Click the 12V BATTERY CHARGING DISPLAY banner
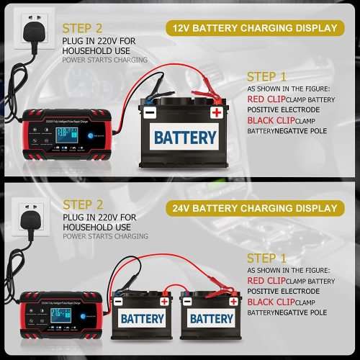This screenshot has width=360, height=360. pos(254,28)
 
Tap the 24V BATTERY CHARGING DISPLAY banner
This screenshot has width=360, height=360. pos(254,208)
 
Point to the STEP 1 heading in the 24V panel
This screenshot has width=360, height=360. pos(266,258)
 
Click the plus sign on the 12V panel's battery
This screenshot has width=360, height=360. pos(216,112)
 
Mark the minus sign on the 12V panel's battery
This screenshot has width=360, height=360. pos(149,112)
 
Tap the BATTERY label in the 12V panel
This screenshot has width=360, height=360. pos(185,137)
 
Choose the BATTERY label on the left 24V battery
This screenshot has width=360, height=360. pos(143,318)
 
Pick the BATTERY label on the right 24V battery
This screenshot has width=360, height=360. pos(211,318)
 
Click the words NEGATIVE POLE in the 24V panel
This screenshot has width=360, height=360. pos(302,312)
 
